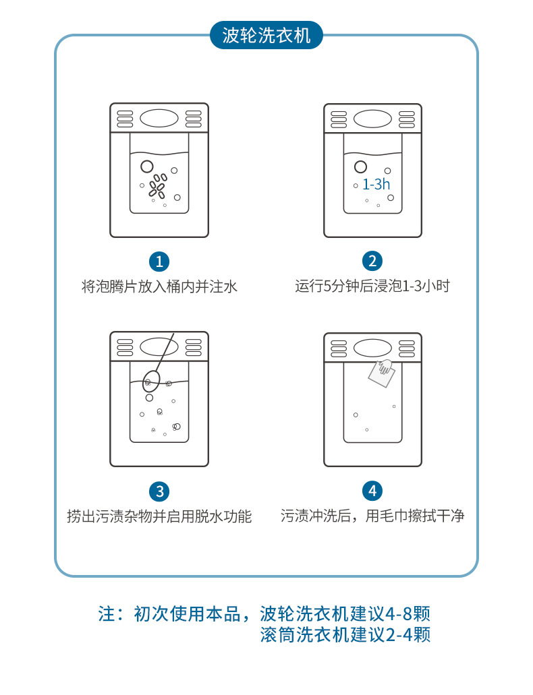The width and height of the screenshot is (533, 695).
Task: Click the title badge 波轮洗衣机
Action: pyautogui.click(x=266, y=35)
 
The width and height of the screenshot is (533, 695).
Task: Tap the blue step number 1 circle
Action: pyautogui.click(x=159, y=262)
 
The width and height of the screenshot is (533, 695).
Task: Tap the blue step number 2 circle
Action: pyautogui.click(x=372, y=262)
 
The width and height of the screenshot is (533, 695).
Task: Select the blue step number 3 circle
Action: pyautogui.click(x=159, y=491)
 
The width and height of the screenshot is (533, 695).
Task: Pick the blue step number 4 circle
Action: pyautogui.click(x=372, y=491)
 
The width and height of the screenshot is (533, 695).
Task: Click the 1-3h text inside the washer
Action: pyautogui.click(x=376, y=184)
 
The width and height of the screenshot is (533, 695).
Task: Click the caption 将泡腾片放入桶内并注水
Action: pyautogui.click(x=159, y=286)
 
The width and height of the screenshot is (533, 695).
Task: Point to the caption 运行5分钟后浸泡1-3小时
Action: pyautogui.click(x=372, y=286)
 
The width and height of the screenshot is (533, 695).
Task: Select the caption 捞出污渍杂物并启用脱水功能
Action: pyautogui.click(x=159, y=516)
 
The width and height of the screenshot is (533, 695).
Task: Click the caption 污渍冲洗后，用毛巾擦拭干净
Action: pyautogui.click(x=372, y=516)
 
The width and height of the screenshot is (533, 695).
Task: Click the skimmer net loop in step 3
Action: pyautogui.click(x=151, y=381)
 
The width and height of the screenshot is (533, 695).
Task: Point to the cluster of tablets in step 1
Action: pyautogui.click(x=158, y=185)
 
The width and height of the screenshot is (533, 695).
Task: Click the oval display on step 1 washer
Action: pyautogui.click(x=159, y=118)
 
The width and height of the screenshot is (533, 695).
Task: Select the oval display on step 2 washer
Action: pyautogui.click(x=372, y=119)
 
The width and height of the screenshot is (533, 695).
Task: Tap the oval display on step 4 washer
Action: pyautogui.click(x=372, y=348)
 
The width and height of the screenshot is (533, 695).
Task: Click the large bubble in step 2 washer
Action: pyautogui.click(x=361, y=167)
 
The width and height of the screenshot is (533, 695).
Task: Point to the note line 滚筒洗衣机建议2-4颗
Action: pyautogui.click(x=345, y=635)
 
